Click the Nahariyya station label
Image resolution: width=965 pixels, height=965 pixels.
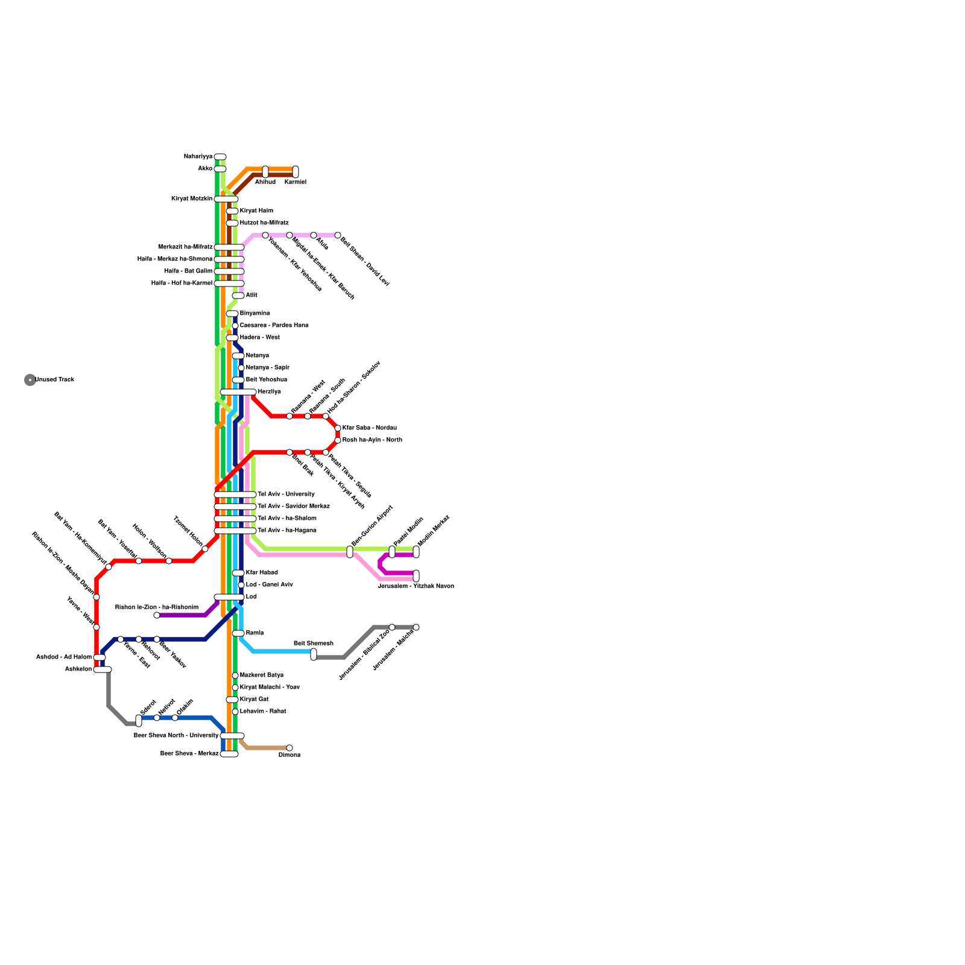pos(198,157)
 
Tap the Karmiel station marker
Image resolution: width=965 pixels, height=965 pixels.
pos(296,172)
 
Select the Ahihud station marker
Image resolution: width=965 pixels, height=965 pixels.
pos(265,172)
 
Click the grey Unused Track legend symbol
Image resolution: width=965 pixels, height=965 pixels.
pos(30,380)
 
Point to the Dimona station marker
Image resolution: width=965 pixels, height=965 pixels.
pos(289,748)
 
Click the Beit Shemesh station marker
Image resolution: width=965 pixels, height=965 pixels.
pos(314,654)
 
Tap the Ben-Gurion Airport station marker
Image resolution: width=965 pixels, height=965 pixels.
pos(350,552)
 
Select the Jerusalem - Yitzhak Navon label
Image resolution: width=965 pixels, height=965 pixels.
pos(416,586)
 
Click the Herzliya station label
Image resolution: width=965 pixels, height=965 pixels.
pos(269,392)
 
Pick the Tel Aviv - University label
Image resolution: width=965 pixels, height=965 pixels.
pos(286,495)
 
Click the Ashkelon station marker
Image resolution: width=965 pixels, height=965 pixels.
pos(103,669)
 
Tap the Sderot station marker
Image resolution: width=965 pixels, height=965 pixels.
pos(139,721)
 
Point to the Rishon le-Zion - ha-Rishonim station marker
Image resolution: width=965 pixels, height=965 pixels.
pos(157,615)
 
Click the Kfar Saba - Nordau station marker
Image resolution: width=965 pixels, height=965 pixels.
pos(338,428)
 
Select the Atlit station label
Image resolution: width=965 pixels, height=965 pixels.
pos(252,296)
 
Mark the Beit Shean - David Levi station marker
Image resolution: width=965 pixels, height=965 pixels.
pos(338,235)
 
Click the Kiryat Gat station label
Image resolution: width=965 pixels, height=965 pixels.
pos(254,700)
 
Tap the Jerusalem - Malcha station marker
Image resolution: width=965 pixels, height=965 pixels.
pos(416,627)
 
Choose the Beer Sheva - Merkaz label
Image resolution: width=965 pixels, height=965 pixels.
pos(189,754)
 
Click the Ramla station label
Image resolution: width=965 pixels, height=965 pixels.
pos(255,633)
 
